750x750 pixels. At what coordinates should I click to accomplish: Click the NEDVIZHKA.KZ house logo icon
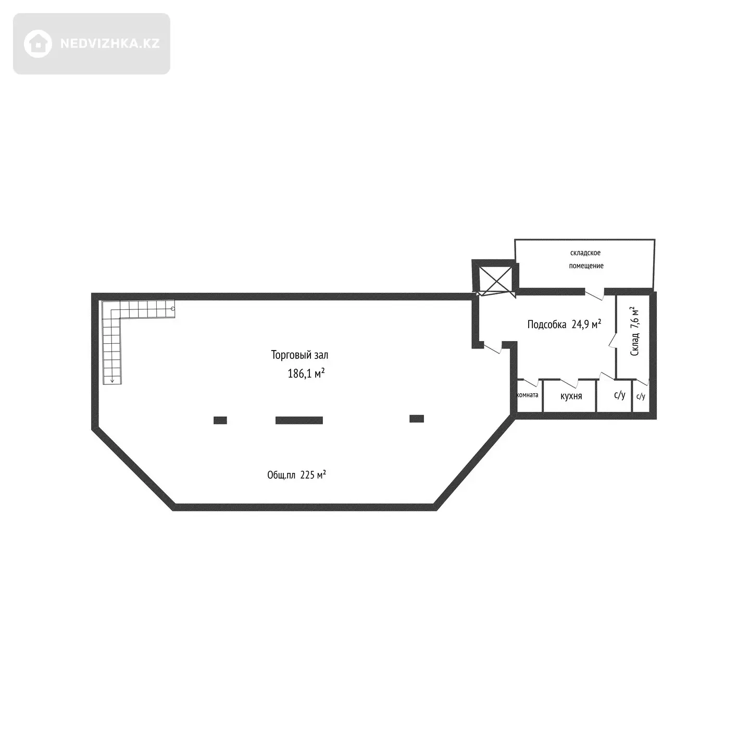(x=37, y=44)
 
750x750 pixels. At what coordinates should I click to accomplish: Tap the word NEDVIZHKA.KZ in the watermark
(x=110, y=44)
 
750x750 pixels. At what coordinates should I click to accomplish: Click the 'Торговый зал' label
(x=299, y=355)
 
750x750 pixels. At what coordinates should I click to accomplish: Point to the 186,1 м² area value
(x=306, y=373)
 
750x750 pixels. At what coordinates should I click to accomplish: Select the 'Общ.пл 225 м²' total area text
(x=296, y=475)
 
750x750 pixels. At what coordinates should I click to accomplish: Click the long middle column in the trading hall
(x=299, y=420)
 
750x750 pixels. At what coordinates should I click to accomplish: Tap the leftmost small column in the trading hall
(x=220, y=420)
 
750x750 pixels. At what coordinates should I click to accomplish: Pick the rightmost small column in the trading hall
(x=417, y=419)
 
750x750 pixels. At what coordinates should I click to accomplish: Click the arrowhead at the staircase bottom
(x=112, y=381)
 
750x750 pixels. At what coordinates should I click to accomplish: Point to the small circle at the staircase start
(x=173, y=309)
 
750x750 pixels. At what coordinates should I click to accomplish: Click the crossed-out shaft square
(x=495, y=280)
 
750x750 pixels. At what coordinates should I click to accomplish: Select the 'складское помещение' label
(x=586, y=259)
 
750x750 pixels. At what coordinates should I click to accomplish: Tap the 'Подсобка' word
(x=546, y=324)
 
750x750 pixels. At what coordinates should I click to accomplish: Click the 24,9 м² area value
(x=586, y=324)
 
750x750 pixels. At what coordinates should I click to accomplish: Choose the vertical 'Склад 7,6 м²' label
(x=634, y=331)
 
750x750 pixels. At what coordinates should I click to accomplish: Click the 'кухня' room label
(x=571, y=396)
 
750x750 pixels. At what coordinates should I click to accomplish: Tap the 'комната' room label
(x=528, y=395)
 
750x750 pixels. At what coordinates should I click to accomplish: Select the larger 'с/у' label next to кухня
(x=620, y=395)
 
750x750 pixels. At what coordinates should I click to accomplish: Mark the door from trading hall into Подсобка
(x=492, y=348)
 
